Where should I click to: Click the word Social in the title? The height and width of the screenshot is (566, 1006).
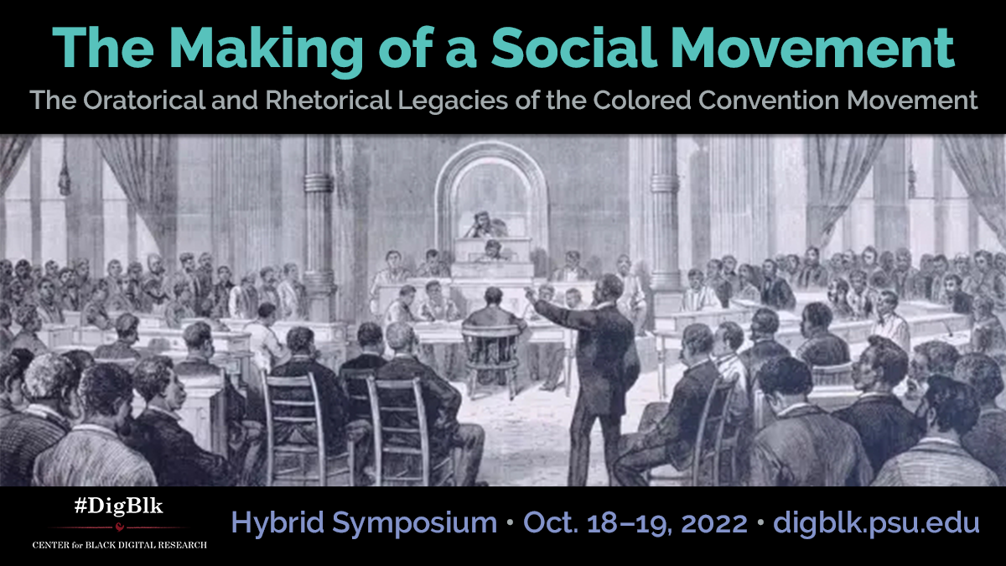[574, 47]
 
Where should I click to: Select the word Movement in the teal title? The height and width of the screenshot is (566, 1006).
[813, 48]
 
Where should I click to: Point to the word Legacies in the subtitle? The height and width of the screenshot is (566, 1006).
[453, 101]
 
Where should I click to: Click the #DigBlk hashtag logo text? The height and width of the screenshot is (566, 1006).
[118, 506]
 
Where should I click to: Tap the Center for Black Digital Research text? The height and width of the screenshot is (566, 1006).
[119, 545]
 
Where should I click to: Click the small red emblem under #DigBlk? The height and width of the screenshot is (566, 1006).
[119, 527]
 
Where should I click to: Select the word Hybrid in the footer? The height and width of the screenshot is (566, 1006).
[277, 524]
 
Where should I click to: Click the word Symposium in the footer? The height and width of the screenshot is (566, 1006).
[414, 524]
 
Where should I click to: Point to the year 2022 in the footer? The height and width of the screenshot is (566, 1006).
[714, 523]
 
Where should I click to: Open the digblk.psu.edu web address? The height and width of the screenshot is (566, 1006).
[876, 523]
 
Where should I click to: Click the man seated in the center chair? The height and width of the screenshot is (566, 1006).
[493, 314]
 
